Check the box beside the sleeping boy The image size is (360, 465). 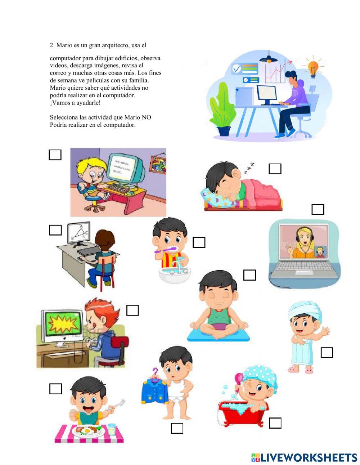(x=275, y=169)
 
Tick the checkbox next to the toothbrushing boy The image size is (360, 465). (x=199, y=242)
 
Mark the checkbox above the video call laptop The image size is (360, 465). (x=318, y=210)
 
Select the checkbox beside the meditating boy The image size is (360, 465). (x=249, y=275)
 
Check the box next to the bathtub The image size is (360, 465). (x=275, y=423)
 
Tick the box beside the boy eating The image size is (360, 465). (x=55, y=389)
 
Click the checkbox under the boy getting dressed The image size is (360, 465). (x=177, y=428)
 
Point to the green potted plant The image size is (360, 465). (x=221, y=108)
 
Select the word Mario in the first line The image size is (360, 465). (x=64, y=45)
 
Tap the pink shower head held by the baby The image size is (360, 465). (x=239, y=378)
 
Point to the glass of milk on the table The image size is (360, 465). (x=112, y=429)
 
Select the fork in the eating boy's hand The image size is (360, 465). (x=118, y=404)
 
